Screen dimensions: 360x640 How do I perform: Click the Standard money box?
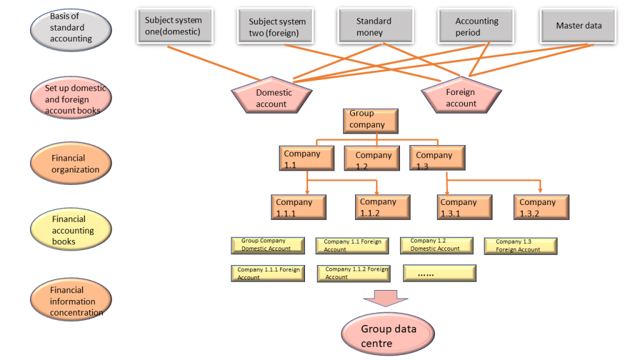click(375, 26)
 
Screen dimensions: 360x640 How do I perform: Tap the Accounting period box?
click(476, 26)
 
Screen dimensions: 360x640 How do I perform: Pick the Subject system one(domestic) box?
click(174, 26)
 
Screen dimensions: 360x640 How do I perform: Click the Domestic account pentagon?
click(272, 97)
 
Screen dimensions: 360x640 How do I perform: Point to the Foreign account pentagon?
click(461, 97)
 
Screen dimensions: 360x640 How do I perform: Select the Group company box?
click(371, 121)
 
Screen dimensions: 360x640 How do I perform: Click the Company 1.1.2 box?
click(382, 207)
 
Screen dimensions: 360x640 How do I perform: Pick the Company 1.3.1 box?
click(464, 207)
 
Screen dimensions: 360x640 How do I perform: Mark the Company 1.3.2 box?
click(541, 207)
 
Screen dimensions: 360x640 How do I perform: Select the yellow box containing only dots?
click(439, 273)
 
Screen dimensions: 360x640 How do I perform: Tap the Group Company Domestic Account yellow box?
click(267, 245)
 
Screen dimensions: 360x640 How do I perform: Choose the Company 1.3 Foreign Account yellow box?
click(520, 246)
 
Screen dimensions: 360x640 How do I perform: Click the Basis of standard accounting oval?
click(71, 29)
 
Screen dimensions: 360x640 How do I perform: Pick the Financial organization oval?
click(71, 164)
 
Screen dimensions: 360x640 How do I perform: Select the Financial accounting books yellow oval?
click(71, 229)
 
